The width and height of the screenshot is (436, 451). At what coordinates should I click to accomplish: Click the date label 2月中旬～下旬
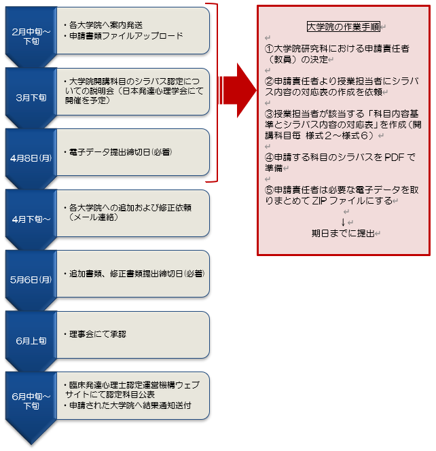[31, 36]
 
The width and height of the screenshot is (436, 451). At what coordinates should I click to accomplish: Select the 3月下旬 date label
[31, 98]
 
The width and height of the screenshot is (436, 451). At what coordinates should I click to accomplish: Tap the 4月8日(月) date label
[31, 158]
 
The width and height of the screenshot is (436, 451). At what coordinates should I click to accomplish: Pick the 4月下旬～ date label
[31, 219]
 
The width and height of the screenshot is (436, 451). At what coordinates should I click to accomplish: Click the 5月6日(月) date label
[31, 280]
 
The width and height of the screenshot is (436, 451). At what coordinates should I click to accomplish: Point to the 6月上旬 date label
[31, 341]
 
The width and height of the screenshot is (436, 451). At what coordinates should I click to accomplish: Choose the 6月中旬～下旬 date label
[31, 401]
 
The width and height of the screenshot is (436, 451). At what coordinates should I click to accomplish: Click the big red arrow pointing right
[238, 90]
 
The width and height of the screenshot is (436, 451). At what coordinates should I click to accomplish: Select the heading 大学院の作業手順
[344, 26]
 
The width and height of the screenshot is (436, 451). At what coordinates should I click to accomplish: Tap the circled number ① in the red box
[269, 49]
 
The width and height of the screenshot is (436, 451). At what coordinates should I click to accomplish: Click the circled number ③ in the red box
[269, 114]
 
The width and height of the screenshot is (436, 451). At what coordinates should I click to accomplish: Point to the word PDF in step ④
[394, 158]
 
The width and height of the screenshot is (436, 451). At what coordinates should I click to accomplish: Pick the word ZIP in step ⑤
[319, 201]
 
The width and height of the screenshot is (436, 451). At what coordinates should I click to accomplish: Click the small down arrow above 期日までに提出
[343, 222]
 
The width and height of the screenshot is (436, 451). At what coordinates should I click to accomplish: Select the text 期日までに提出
[343, 233]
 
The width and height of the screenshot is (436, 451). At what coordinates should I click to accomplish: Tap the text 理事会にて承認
[98, 334]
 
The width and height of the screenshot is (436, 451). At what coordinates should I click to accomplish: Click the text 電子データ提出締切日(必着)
[120, 152]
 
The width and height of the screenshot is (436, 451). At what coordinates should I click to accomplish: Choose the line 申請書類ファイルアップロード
[126, 36]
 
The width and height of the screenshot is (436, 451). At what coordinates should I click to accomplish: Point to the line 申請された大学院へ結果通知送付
[130, 405]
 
